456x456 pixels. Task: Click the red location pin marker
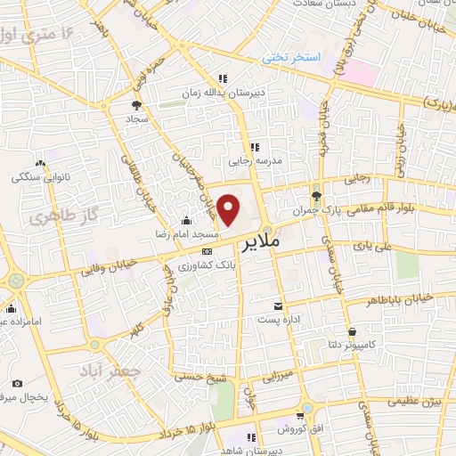click(229, 209)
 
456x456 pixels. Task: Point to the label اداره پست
click(279, 318)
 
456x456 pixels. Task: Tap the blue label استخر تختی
click(290, 57)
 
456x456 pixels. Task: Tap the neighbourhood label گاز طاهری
click(48, 217)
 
